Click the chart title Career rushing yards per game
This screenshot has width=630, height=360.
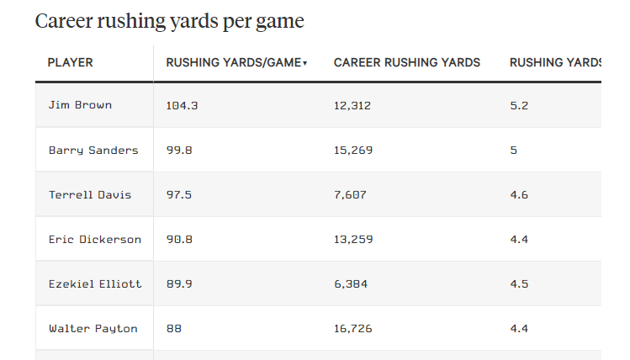(169, 22)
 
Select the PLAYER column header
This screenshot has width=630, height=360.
(70, 63)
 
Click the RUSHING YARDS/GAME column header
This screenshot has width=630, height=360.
(233, 63)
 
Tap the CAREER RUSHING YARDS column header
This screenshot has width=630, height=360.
(407, 63)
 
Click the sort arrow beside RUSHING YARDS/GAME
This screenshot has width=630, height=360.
(305, 64)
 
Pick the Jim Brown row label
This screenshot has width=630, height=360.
(80, 106)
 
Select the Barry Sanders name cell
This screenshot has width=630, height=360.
(93, 151)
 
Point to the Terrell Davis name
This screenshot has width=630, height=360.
(90, 195)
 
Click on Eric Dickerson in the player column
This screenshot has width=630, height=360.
(95, 240)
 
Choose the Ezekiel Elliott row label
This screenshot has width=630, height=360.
(95, 284)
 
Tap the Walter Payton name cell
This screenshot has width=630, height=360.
(93, 329)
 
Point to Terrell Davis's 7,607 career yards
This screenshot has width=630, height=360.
(350, 195)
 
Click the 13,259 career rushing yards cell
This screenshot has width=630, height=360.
(353, 240)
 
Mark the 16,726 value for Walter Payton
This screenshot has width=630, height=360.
(353, 329)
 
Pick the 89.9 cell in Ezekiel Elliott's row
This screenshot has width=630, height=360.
(179, 284)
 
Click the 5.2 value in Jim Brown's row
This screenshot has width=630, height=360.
(519, 106)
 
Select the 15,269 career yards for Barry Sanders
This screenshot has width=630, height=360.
(353, 151)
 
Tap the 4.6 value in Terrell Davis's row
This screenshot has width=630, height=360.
(519, 195)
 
